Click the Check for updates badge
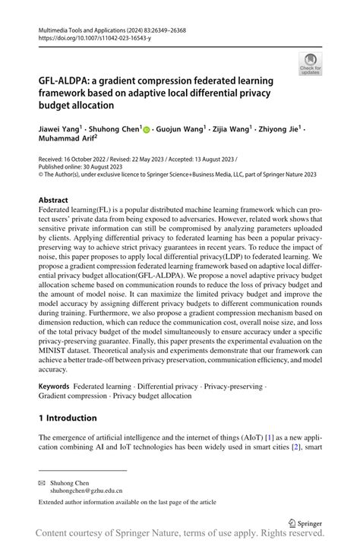coord(310,64)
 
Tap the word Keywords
coord(54,387)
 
